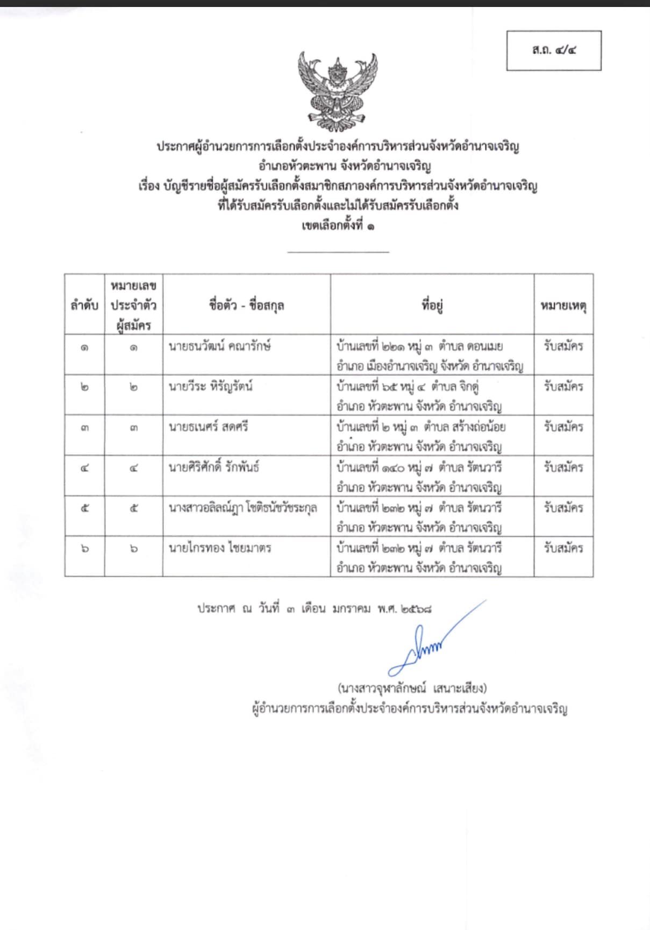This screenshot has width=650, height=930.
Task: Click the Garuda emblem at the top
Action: coord(338,91)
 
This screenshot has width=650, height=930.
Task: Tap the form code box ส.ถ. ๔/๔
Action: coord(554,51)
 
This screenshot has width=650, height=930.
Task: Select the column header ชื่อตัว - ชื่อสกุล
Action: coord(247,306)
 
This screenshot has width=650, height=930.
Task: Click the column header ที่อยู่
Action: coord(432,306)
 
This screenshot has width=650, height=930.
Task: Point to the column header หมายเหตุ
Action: coord(563,306)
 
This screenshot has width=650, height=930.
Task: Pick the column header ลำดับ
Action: coord(84,306)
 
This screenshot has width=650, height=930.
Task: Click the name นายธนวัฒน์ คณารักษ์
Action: coord(219,346)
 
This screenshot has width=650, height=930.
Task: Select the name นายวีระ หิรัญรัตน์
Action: coord(211,387)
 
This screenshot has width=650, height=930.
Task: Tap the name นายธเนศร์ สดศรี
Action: coord(209,427)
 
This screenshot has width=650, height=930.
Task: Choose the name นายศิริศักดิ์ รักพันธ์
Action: coord(214,467)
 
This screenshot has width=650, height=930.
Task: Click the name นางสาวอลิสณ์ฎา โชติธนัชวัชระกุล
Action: coord(242,508)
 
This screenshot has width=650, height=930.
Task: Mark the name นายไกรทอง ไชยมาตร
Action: coord(220,548)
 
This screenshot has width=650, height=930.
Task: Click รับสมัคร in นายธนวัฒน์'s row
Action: coord(563,346)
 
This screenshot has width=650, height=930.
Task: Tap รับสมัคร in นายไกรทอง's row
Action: coord(563,548)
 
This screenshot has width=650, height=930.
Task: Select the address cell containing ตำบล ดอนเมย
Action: coord(430,356)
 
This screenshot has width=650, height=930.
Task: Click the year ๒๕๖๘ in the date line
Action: coord(416,609)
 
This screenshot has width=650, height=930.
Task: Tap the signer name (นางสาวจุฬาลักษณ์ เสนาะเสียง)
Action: coord(412,688)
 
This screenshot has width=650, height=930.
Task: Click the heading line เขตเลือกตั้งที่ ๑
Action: coord(338,226)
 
